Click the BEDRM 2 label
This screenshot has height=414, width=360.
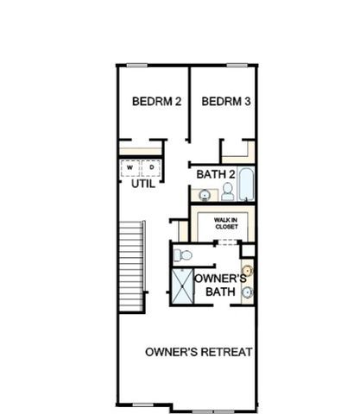tap(156, 102)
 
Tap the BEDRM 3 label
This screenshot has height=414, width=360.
tap(226, 102)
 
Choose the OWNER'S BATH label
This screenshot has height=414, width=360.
tap(221, 285)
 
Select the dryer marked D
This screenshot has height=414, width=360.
tap(152, 167)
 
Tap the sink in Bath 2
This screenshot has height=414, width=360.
tap(205, 194)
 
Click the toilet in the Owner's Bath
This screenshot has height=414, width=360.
tap(182, 254)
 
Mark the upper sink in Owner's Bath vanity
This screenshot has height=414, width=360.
tap(248, 268)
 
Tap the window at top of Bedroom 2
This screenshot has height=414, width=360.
tap(138, 66)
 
